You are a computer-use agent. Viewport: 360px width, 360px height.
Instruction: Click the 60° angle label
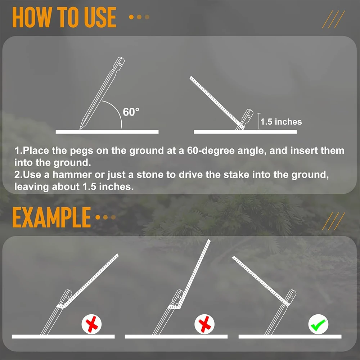pyautogui.click(x=131, y=112)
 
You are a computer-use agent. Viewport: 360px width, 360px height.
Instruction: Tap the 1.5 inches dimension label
pyautogui.click(x=281, y=122)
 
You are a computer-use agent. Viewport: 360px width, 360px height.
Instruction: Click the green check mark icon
pyautogui.click(x=318, y=324)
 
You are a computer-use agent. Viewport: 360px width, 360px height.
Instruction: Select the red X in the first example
pyautogui.click(x=91, y=324)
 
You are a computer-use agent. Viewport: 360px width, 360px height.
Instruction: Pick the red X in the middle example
pyautogui.click(x=204, y=324)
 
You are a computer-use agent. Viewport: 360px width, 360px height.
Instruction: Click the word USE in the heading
pyautogui.click(x=100, y=17)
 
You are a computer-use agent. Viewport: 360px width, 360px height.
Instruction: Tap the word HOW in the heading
pyautogui.click(x=31, y=17)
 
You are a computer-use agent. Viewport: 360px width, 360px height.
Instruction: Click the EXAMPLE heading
pyautogui.click(x=51, y=217)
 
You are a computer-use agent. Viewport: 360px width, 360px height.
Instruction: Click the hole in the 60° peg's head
pyautogui.click(x=120, y=62)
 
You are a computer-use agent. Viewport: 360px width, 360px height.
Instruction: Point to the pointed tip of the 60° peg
pyautogui.click(x=80, y=129)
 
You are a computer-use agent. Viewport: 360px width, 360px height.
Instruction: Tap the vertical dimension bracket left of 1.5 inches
pyautogui.click(x=259, y=121)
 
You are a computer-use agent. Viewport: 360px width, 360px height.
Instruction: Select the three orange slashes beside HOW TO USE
pyautogui.click(x=333, y=19)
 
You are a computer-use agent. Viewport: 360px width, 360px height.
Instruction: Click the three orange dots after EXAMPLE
pyautogui.click(x=105, y=217)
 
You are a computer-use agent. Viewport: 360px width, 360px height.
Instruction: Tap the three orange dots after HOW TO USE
pyautogui.click(x=139, y=17)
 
